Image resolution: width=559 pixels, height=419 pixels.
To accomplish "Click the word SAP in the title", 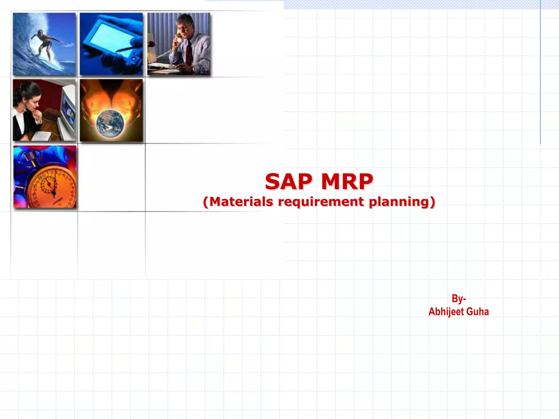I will pos(289,182).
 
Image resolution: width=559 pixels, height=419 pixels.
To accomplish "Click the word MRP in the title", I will pos(347,182).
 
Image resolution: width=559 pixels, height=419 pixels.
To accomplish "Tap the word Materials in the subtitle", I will pos(241,202).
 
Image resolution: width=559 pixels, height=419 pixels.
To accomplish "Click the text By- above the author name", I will pos(459,298).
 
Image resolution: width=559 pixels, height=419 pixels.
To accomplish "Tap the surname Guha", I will pos(477,312).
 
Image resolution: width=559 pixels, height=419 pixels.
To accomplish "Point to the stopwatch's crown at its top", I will pos(30,157).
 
